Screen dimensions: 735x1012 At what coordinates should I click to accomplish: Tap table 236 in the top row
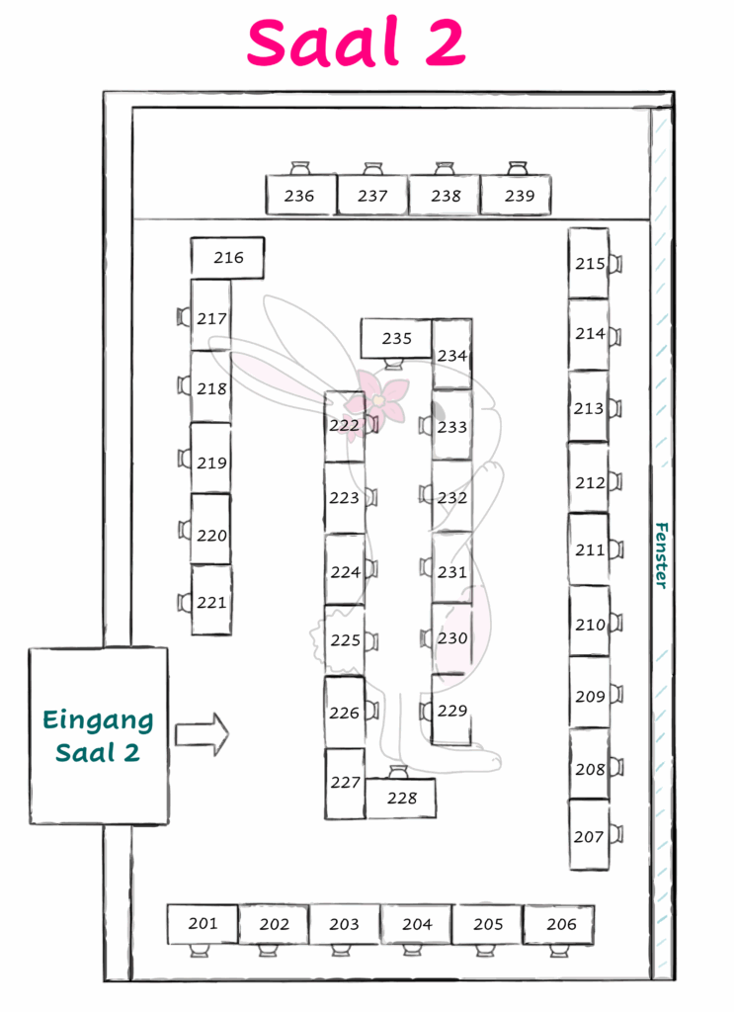pos(300,195)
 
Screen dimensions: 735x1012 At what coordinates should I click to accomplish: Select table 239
pos(515,195)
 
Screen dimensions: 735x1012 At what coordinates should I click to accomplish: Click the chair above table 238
pos(444,168)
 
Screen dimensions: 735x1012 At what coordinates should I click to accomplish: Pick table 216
pos(227,258)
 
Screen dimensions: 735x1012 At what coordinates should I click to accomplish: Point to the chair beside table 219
pos(184,459)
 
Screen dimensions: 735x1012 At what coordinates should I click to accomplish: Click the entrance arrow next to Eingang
pos(202,734)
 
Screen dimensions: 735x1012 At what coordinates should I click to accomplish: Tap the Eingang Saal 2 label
pos(98,736)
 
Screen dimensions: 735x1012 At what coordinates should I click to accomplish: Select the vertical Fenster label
pos(662,555)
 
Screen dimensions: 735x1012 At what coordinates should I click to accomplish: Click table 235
pos(395,338)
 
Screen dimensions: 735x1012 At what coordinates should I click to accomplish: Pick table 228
pos(401,799)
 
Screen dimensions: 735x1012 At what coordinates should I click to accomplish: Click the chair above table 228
pos(398,772)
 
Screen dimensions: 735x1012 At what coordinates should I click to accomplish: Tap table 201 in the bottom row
pos(203,924)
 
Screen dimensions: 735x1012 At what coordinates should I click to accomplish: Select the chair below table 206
pos(559,951)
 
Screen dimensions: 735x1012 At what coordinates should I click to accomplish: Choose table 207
pos(589,835)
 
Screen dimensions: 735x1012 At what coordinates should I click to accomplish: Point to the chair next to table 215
pos(615,263)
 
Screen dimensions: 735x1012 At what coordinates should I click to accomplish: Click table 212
pos(588,478)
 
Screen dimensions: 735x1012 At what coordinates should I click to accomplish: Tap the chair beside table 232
pos(425,494)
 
